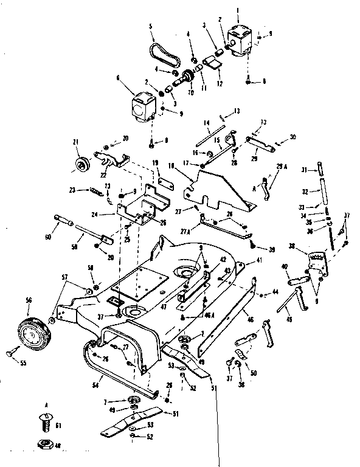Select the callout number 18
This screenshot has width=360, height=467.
pyautogui.click(x=172, y=165)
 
